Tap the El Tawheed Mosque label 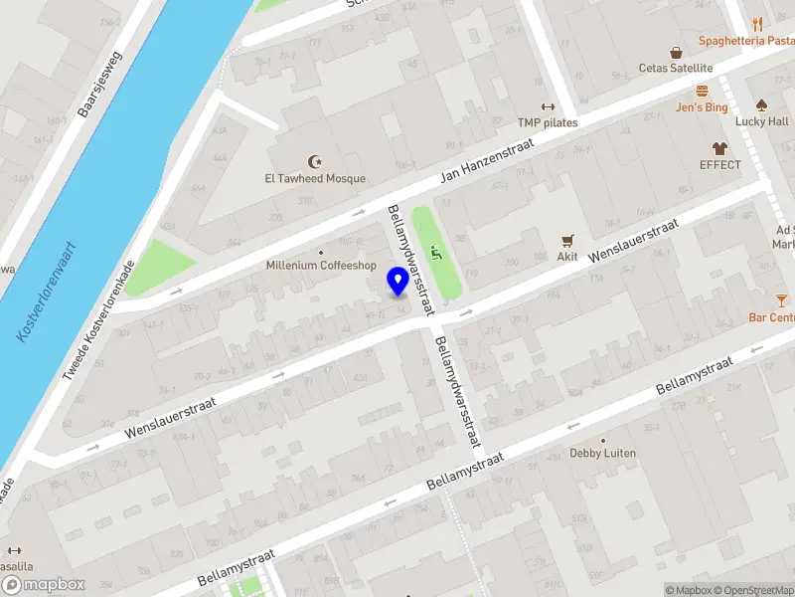pos(314,179)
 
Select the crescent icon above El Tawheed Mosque pos(316,161)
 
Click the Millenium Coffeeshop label pos(321,266)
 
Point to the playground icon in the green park pos(435,251)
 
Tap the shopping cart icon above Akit pos(567,240)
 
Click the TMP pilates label pos(547,122)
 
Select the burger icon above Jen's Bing pos(702,91)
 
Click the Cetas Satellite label pos(676,68)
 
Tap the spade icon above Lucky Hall pos(761,104)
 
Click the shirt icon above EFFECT pos(719,147)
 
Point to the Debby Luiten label pos(602,454)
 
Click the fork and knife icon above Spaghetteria pos(757,24)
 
